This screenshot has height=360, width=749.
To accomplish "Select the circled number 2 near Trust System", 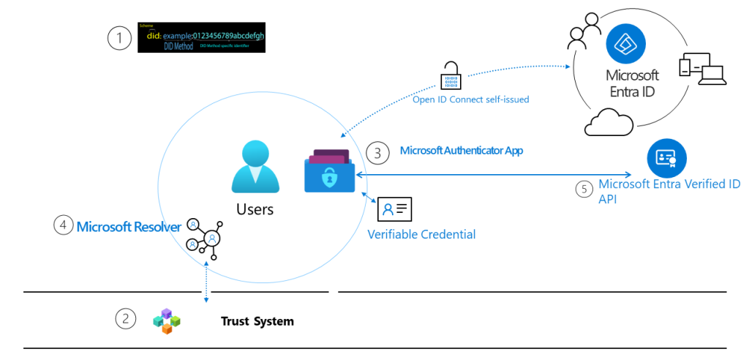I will [127, 318].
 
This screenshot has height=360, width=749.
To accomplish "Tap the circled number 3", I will [378, 152].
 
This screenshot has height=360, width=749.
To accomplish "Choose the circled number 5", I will [583, 190].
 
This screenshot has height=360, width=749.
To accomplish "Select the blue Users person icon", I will [255, 169].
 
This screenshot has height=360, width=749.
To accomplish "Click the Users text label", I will [255, 210].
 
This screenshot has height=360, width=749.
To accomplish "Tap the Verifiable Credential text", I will [421, 235].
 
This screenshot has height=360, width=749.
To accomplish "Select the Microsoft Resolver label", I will [129, 227].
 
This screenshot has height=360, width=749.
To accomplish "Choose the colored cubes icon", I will [166, 320].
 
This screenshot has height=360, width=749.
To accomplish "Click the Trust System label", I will [257, 321].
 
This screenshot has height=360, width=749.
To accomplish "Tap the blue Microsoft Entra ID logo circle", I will [626, 44].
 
